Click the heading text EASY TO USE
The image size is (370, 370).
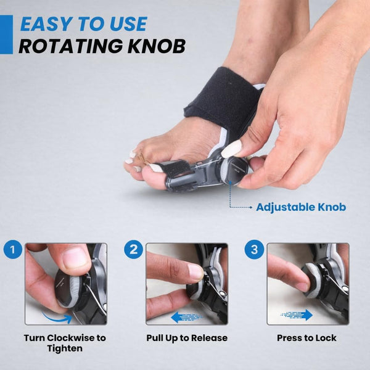pos(83,24)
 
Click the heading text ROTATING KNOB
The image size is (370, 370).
pos(102,46)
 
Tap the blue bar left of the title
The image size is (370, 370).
pos(6,35)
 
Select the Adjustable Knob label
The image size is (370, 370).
pos(301,207)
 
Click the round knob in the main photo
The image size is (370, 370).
pos(232,171)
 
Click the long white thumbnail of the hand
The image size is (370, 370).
pos(232,149)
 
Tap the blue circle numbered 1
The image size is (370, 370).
pos(13,249)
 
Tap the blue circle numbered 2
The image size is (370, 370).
pos(134,249)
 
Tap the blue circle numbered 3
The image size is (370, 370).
pos(254,249)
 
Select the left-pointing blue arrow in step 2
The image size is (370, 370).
pos(186,317)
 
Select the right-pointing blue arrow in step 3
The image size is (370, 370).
pos(297,314)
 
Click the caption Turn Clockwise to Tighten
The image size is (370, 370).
pos(65,343)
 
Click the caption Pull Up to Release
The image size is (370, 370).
pos(187,338)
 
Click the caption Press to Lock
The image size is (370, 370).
pos(306,338)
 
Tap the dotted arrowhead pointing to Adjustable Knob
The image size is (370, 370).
pos(250,207)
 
